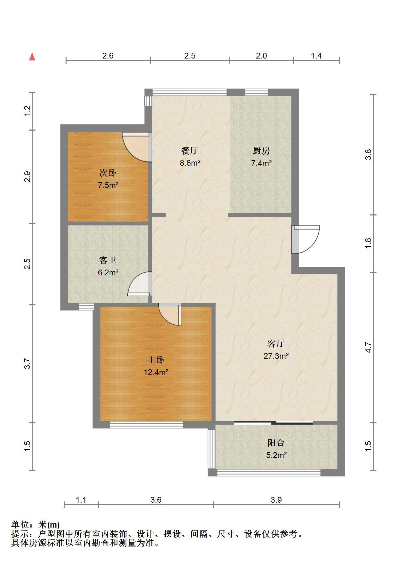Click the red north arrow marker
pos(32,57)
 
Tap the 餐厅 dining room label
pos(190,150)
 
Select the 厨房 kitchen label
pos(261,151)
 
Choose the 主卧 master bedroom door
pos(170,315)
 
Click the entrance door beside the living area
pos(306,240)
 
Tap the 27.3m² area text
pos(276,356)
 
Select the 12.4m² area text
pos(156,372)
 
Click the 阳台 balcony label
pos(276,443)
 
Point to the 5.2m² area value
pos(276,455)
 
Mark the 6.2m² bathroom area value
pos(108,273)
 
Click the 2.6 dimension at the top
pos(108,56)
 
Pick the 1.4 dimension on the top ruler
pos(316,56)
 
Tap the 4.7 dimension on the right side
pos(368,347)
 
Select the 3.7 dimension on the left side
pos(28,364)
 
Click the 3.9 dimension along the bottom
pos(276,500)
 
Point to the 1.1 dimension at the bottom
pos(81,500)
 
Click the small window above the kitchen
pos(257,92)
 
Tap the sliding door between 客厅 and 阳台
pos(273,423)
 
